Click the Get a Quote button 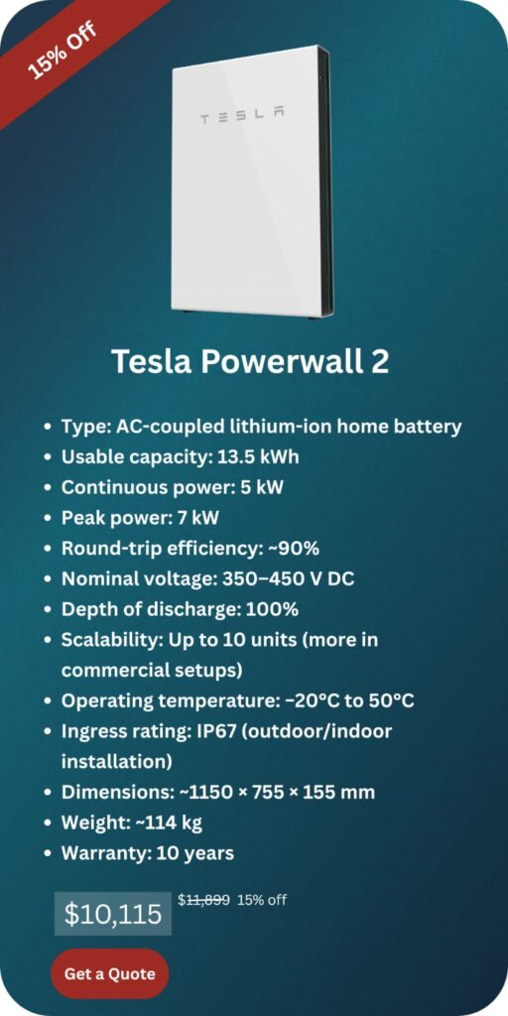coord(109,973)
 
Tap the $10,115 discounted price coord(112,914)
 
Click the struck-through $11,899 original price coord(203,900)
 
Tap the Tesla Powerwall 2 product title coord(250,361)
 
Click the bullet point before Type coord(48,428)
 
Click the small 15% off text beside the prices coord(262,900)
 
